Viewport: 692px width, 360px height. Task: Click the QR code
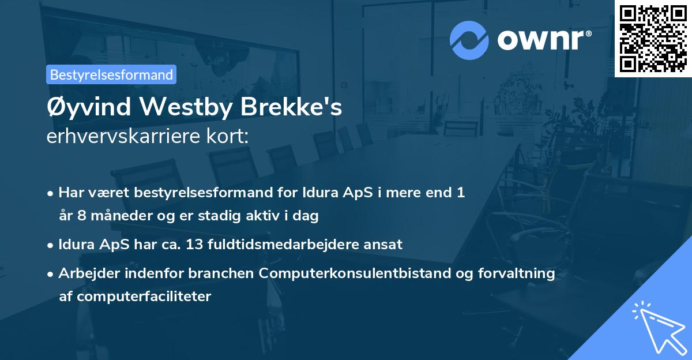pyautogui.click(x=653, y=39)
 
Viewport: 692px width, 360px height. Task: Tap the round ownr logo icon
pyautogui.click(x=469, y=40)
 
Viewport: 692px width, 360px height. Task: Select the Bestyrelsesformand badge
pyautogui.click(x=111, y=74)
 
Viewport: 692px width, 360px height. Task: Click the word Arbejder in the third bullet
pyautogui.click(x=84, y=273)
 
